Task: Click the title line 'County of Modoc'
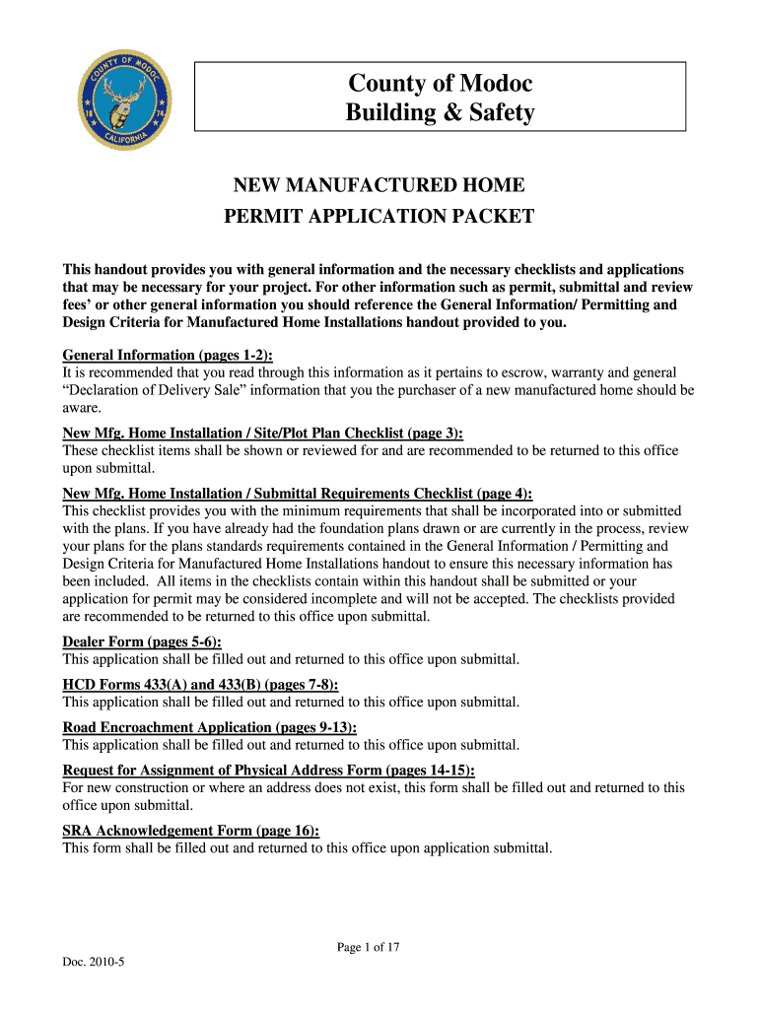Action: [440, 85]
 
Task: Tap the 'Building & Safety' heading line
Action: [440, 113]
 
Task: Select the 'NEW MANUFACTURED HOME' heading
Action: [379, 185]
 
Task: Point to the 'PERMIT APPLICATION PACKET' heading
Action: [379, 216]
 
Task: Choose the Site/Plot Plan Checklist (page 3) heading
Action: [263, 434]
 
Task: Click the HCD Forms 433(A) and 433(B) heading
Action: [200, 685]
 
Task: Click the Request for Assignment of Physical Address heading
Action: [268, 771]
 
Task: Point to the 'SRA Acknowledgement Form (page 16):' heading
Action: [191, 831]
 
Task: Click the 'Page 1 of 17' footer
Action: [368, 948]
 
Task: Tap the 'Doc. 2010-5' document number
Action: [94, 963]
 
